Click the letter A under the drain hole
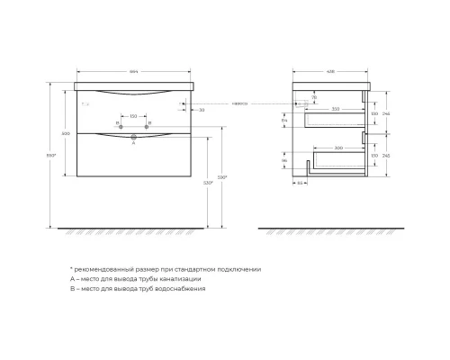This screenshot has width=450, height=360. click(134, 141)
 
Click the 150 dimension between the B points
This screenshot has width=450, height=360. click(134, 116)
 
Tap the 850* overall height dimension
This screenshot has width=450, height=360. click(53, 155)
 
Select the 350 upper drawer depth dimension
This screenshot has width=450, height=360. click(335, 108)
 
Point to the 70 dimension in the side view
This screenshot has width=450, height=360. click(314, 95)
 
